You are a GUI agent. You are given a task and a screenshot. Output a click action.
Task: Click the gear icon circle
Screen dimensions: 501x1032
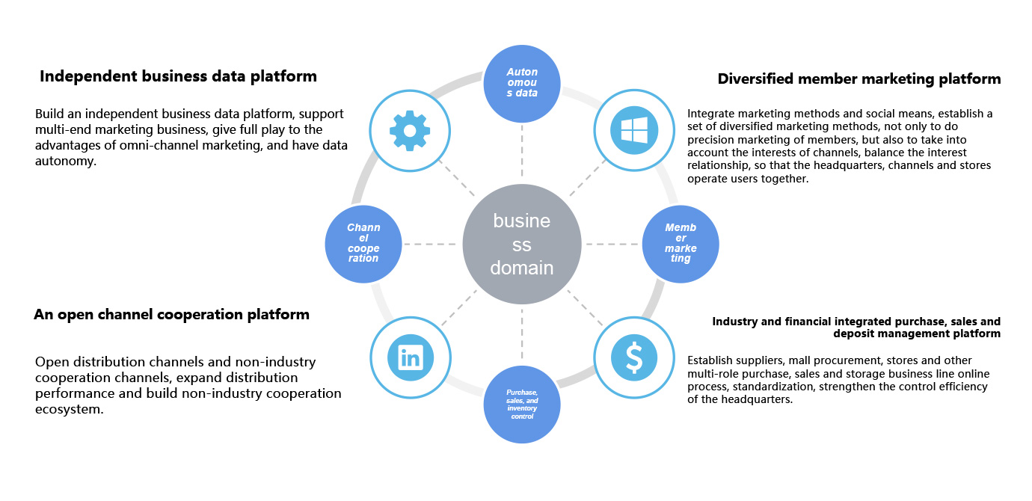point(409,131)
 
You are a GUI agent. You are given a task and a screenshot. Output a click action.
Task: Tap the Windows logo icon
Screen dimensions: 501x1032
point(633,131)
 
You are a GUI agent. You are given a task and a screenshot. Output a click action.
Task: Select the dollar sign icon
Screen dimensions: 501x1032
point(633,358)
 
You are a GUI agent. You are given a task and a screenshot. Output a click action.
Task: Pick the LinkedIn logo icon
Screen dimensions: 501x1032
point(410,358)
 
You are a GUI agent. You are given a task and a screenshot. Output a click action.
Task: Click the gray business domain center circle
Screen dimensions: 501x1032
point(522,245)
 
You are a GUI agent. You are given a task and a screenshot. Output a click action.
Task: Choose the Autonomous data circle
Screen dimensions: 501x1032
point(522,82)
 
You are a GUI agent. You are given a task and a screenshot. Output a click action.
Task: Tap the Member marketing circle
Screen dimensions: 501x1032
point(681,245)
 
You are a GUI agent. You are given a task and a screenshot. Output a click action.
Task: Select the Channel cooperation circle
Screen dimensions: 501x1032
point(363,245)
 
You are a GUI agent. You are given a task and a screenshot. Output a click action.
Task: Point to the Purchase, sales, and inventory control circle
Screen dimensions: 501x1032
point(522,405)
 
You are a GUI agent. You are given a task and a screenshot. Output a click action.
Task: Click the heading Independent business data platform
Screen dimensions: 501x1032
point(178,76)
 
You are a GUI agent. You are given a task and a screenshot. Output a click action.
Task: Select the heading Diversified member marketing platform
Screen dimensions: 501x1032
point(859,79)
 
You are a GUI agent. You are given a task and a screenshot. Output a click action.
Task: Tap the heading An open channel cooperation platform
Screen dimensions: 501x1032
point(171,315)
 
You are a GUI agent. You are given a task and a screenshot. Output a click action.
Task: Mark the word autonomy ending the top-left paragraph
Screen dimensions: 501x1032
point(66,161)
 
